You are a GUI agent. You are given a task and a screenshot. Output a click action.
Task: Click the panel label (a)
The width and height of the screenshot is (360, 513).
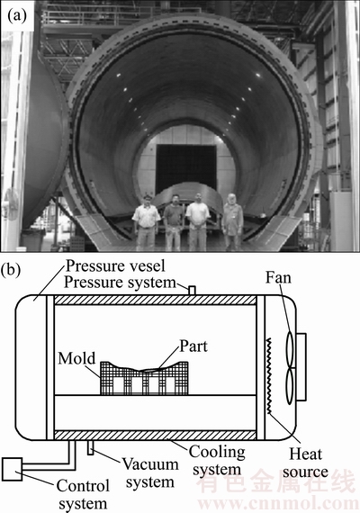(17, 16)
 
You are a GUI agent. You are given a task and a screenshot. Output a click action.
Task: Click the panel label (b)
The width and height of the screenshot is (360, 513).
(11, 271)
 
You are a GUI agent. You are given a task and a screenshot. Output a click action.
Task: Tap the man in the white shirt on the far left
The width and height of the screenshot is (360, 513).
(147, 222)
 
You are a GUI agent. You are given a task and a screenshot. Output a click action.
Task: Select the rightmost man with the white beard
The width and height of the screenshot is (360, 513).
(233, 221)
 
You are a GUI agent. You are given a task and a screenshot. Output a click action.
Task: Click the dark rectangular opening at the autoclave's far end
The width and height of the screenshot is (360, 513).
(186, 167)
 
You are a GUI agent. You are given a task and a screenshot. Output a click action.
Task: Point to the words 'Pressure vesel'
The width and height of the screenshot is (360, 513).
(115, 266)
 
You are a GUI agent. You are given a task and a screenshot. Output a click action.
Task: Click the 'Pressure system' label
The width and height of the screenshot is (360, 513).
(120, 283)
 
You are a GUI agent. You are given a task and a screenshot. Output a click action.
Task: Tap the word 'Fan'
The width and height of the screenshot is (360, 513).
(278, 278)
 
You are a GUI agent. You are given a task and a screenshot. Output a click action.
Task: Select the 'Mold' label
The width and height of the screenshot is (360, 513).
(76, 358)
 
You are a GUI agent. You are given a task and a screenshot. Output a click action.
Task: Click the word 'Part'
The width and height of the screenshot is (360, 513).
(193, 346)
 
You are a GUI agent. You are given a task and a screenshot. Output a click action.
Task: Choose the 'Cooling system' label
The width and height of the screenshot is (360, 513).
(217, 461)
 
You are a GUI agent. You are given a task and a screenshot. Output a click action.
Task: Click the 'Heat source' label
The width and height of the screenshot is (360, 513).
(305, 463)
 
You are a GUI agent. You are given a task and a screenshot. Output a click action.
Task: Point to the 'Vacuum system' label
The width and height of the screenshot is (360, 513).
(150, 473)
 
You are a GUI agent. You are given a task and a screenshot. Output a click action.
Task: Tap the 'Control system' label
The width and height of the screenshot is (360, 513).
(83, 495)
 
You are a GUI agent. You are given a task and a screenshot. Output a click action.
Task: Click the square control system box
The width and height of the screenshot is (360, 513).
(12, 469)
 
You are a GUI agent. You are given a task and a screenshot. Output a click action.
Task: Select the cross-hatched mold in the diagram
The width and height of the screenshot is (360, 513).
(144, 380)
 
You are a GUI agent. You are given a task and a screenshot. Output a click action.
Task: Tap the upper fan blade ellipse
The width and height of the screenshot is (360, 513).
(291, 349)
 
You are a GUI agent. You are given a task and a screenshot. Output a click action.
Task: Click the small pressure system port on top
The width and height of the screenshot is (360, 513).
(193, 291)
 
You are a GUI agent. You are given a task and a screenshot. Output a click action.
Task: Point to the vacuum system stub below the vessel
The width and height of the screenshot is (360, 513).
(90, 447)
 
